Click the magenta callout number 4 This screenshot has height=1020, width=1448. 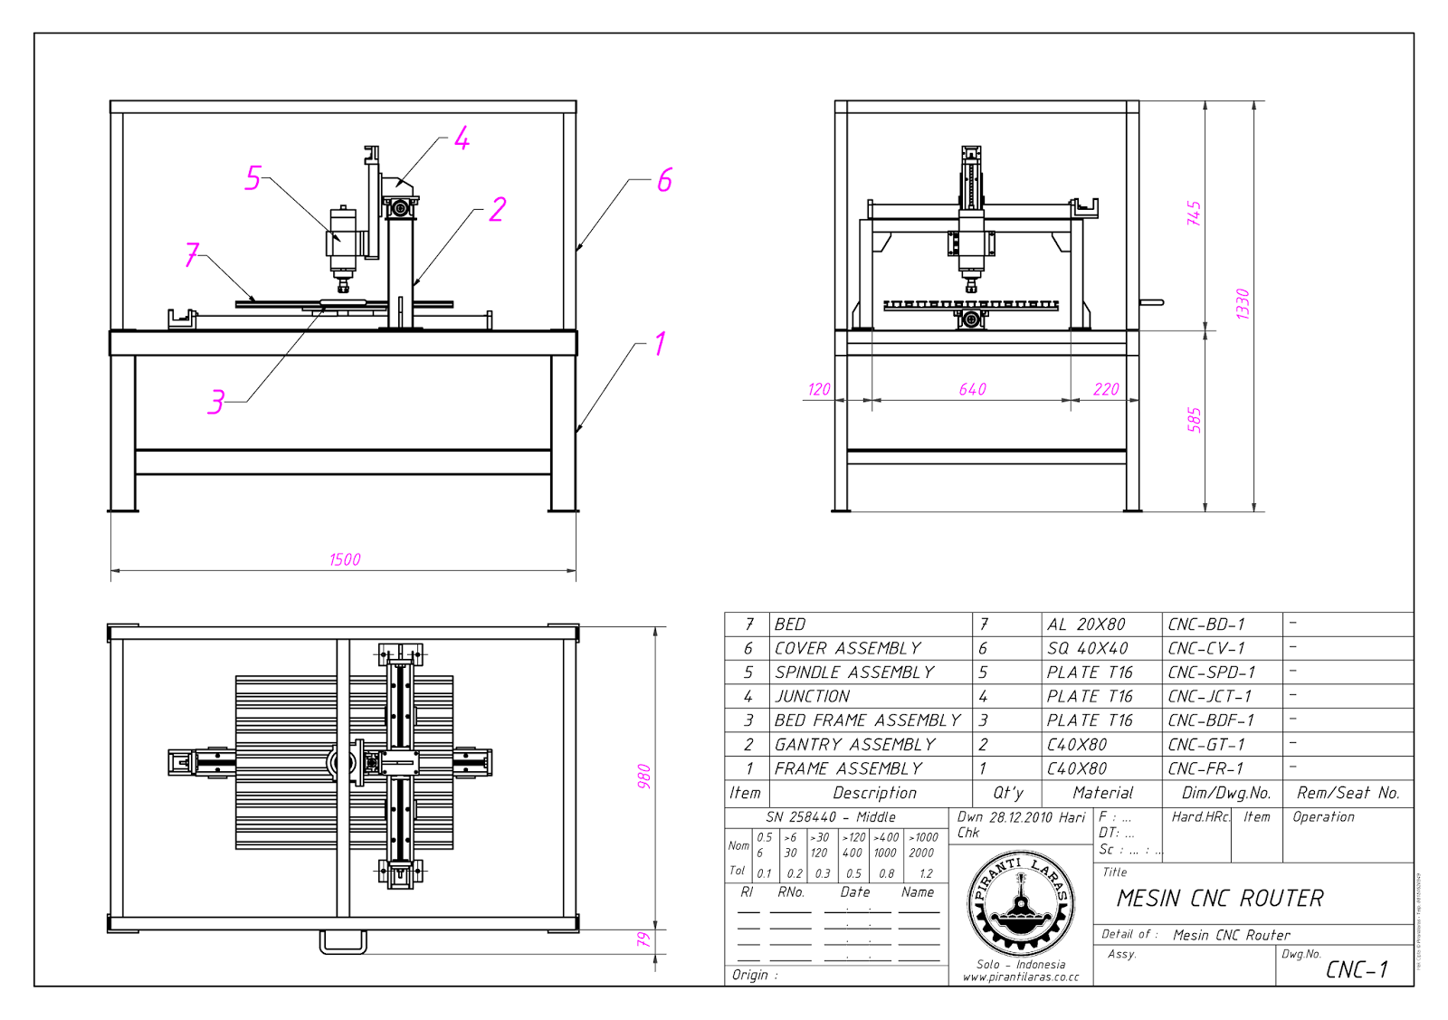pyautogui.click(x=462, y=138)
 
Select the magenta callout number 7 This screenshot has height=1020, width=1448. pyautogui.click(x=192, y=254)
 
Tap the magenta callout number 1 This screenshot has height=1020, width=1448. pyautogui.click(x=660, y=344)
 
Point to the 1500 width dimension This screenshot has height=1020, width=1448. pyautogui.click(x=344, y=559)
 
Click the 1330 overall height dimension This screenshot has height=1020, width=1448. pyautogui.click(x=1243, y=303)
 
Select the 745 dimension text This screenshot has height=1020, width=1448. pyautogui.click(x=1194, y=214)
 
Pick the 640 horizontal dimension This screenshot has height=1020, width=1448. pyautogui.click(x=972, y=389)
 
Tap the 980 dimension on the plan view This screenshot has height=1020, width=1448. pyautogui.click(x=643, y=777)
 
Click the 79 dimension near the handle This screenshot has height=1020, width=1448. pyautogui.click(x=643, y=940)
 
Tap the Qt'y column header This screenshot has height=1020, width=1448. pyautogui.click(x=1007, y=793)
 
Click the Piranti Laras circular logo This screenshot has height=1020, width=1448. pyautogui.click(x=1021, y=905)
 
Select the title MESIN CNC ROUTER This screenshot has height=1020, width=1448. pyautogui.click(x=1219, y=899)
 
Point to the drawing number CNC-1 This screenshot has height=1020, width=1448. pyautogui.click(x=1356, y=970)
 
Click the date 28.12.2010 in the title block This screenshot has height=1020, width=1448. pyautogui.click(x=1020, y=817)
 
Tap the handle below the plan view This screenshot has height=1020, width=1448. pyautogui.click(x=343, y=943)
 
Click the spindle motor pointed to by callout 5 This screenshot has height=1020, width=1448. pyautogui.click(x=342, y=240)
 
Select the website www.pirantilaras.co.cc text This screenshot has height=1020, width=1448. pyautogui.click(x=1020, y=977)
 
